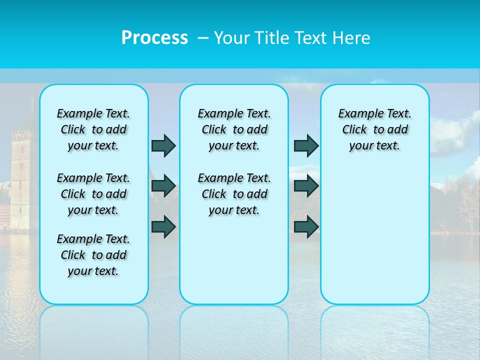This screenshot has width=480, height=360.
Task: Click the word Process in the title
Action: coord(154,38)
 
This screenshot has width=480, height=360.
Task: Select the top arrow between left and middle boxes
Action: coord(163,145)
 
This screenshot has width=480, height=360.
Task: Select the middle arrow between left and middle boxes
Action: coord(163,186)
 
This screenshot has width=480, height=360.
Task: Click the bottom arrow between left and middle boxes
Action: coord(163,226)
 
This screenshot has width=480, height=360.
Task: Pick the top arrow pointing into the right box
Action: coord(306,145)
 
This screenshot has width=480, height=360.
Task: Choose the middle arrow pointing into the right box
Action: coord(306,186)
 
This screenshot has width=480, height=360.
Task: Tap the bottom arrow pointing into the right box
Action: coord(306,226)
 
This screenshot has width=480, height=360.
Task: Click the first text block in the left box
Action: coord(93,129)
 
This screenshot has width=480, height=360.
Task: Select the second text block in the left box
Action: coord(93,194)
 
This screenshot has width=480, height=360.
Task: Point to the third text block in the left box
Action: coord(93,255)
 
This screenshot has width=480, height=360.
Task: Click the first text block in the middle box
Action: coord(234,129)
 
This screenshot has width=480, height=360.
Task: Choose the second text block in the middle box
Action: coord(234,194)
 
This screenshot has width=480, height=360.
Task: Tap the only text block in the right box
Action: coord(374,129)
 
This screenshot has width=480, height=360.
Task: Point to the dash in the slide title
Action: coord(203,38)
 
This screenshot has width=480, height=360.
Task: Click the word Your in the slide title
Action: coord(231,38)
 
